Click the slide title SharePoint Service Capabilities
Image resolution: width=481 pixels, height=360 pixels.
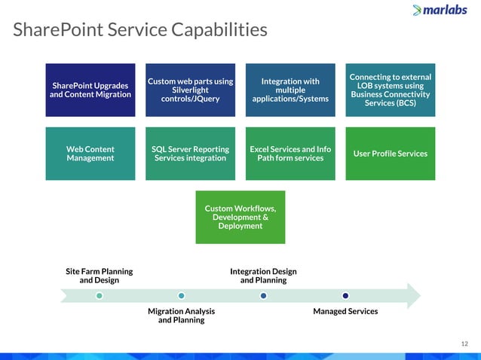(x=140, y=30)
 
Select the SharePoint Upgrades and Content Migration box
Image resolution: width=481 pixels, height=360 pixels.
(x=90, y=90)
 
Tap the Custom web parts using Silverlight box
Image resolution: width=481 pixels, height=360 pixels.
(x=190, y=90)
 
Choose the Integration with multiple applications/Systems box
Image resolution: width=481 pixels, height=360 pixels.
(x=290, y=90)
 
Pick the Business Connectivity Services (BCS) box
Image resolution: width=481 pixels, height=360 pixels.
(x=390, y=90)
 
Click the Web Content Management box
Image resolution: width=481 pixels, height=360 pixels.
(x=90, y=154)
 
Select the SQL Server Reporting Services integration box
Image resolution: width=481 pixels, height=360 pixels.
(x=190, y=154)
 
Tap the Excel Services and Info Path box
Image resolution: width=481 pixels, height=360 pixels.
(x=290, y=154)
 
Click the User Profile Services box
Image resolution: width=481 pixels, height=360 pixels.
(x=390, y=154)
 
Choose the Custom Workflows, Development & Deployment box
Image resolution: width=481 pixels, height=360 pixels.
(x=240, y=217)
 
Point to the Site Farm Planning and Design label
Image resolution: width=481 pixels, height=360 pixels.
(x=100, y=276)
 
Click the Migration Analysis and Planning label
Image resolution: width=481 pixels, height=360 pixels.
(x=181, y=315)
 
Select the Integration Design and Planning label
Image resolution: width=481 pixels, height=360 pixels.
(x=263, y=276)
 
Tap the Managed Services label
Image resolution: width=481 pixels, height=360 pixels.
(x=345, y=311)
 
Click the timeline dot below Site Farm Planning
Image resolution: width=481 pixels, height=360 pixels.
(x=100, y=295)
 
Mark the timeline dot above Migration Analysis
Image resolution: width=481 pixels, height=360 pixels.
(x=181, y=295)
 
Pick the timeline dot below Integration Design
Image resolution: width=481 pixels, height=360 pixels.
(x=263, y=295)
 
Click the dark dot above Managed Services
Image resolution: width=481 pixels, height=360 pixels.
(x=345, y=295)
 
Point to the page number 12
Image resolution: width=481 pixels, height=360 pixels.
(x=464, y=344)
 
